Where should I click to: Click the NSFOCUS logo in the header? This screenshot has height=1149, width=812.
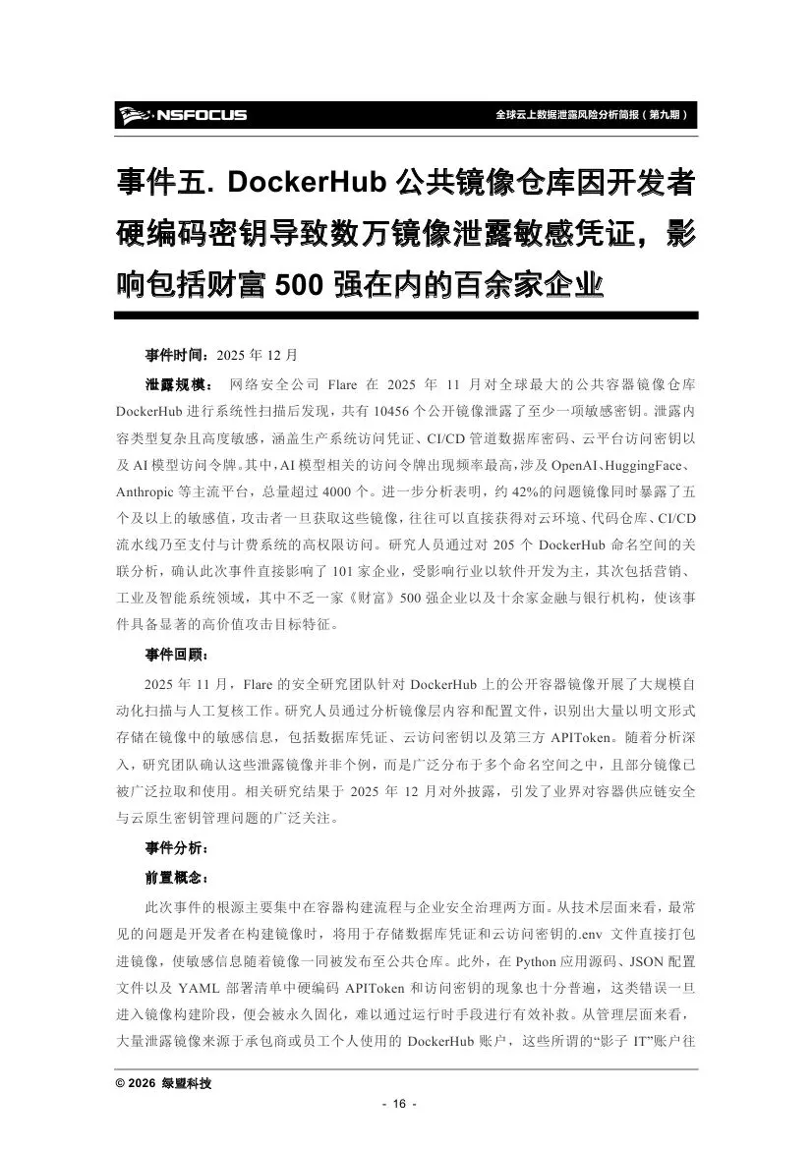pyautogui.click(x=182, y=115)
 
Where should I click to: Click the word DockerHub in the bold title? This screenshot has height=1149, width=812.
pyautogui.click(x=309, y=184)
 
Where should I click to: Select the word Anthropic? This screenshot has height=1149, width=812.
pyautogui.click(x=149, y=489)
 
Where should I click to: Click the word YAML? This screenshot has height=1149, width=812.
pyautogui.click(x=203, y=985)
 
